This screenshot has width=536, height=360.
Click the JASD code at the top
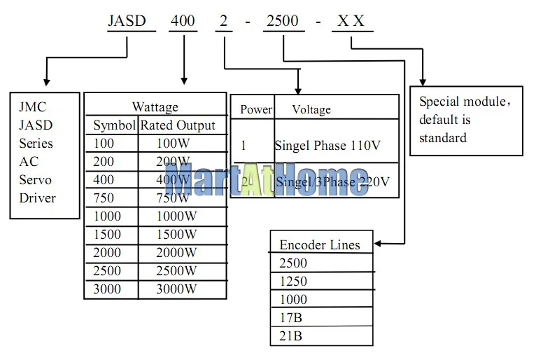pos(127,21)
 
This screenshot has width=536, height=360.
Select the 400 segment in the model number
pos(183,21)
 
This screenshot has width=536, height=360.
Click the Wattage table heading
pos(155,107)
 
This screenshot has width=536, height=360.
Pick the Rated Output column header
pos(178,125)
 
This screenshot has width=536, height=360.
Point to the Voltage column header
pos(311,109)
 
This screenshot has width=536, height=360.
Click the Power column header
pos(255,109)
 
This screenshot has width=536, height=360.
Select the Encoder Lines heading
pos(320,244)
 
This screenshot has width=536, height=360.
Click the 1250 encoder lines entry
pos(292,281)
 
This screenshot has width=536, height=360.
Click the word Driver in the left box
pos(37,198)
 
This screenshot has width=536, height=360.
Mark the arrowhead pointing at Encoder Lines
pos(379,244)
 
